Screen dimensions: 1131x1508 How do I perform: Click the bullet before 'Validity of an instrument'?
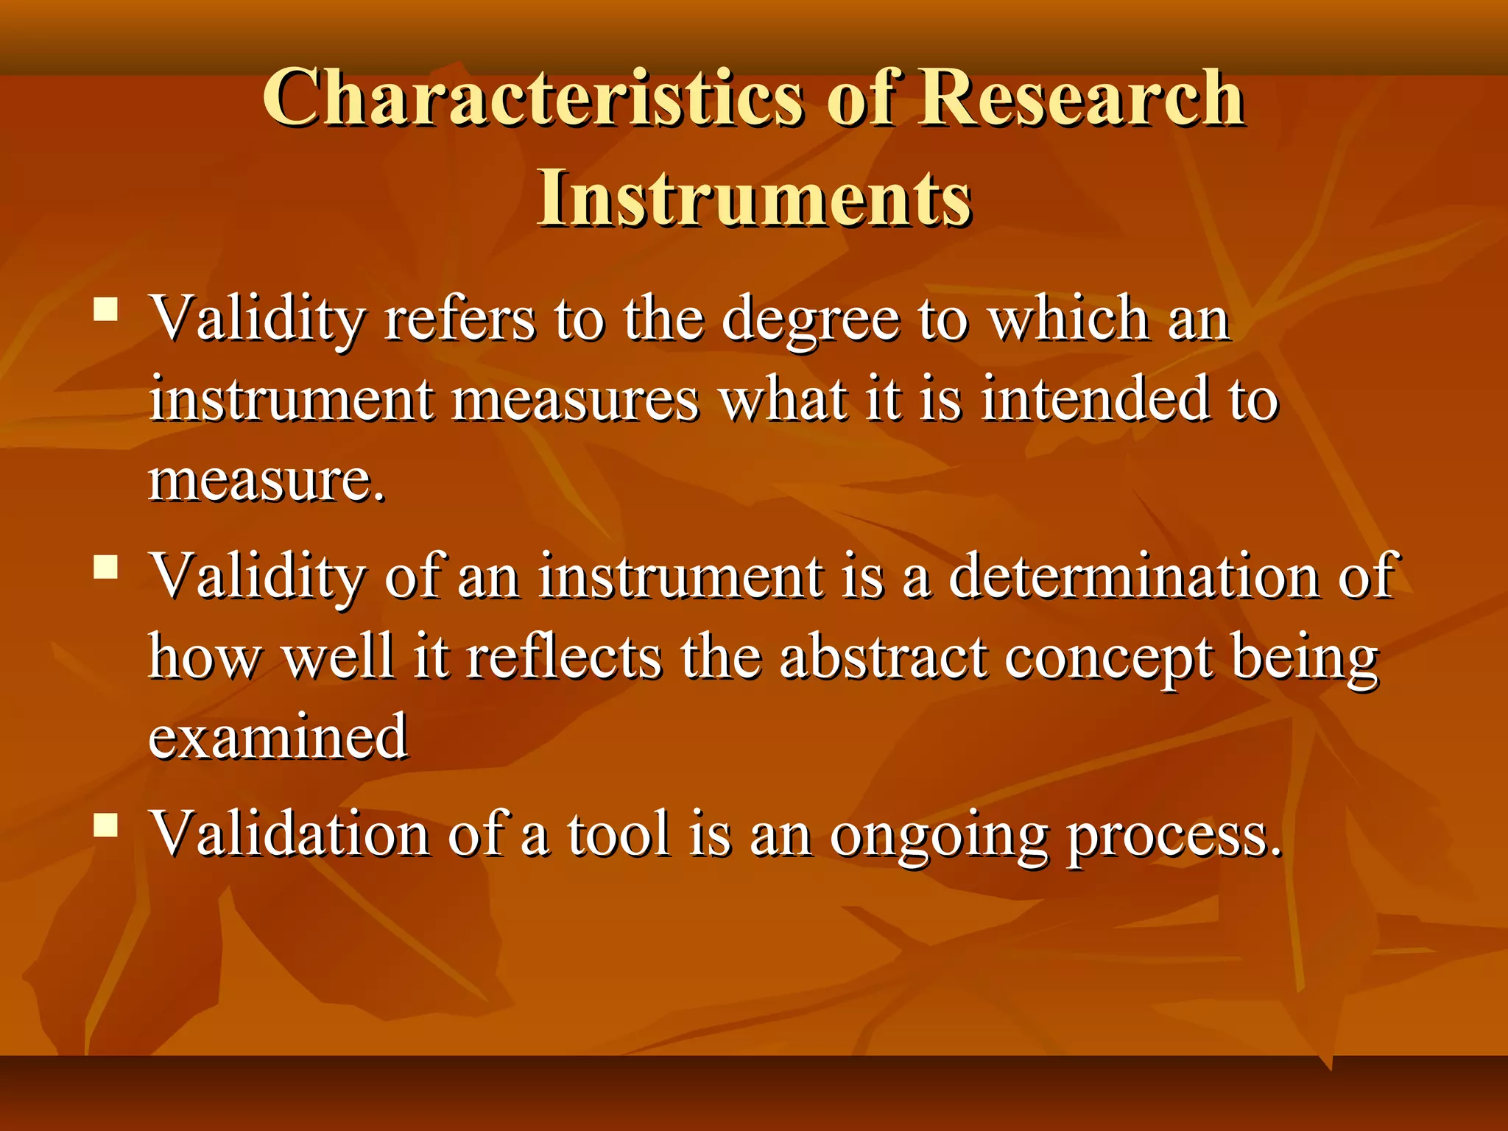click(106, 567)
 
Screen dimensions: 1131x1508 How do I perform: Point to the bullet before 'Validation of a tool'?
click(106, 825)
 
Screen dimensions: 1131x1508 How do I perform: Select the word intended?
click(1096, 399)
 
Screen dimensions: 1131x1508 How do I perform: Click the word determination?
click(1134, 576)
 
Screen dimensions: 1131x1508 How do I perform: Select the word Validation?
click(290, 834)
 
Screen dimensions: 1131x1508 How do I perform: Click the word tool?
click(619, 834)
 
